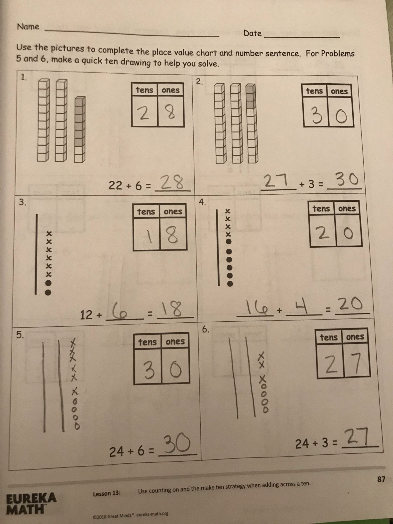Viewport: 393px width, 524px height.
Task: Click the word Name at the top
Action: (x=28, y=27)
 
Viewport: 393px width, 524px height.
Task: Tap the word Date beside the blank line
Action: (x=253, y=33)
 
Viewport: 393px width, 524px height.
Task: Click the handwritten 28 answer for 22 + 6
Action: (x=173, y=182)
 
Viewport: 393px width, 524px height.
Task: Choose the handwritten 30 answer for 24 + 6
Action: (x=178, y=444)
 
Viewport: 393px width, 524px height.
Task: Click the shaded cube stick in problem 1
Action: (x=80, y=129)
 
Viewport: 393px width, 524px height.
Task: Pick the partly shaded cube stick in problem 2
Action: (x=252, y=124)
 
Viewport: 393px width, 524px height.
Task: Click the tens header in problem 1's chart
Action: (x=145, y=90)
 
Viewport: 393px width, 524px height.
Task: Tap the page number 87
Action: (x=381, y=479)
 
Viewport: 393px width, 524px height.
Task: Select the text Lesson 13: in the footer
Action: (x=107, y=494)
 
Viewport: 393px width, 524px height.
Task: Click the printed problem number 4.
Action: (x=202, y=202)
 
